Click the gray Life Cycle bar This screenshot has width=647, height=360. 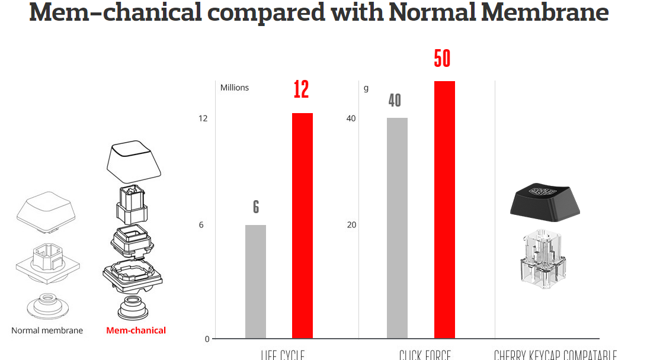[255, 281]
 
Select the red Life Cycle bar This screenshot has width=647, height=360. [302, 225]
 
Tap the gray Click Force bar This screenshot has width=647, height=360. [397, 228]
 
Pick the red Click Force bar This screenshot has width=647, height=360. [444, 210]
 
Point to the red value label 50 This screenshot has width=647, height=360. [442, 59]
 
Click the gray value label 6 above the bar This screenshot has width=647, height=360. [256, 207]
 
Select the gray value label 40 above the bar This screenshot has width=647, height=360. [395, 101]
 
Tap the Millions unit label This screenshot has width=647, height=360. [235, 88]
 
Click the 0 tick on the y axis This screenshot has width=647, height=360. [207, 339]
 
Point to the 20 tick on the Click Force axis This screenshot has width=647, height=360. [351, 225]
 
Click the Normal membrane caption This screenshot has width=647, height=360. [47, 330]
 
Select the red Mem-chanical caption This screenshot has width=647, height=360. [136, 330]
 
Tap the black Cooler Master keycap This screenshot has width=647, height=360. [544, 200]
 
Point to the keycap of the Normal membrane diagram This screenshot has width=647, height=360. [46, 210]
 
